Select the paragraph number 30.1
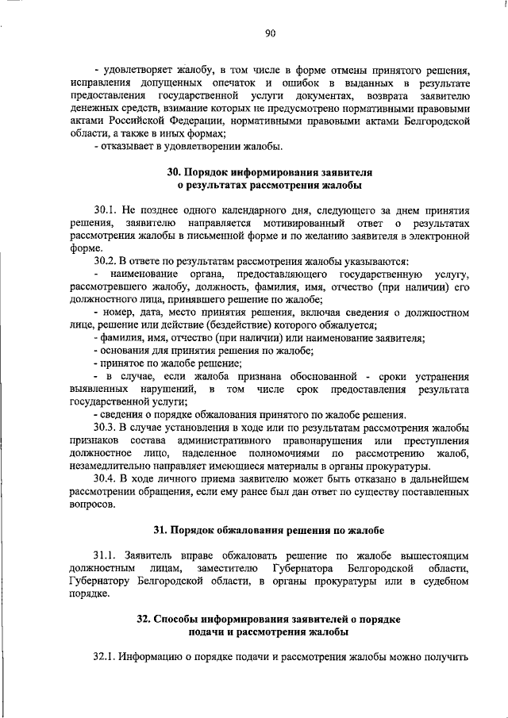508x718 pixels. [x=106, y=210]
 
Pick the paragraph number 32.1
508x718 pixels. [x=106, y=658]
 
